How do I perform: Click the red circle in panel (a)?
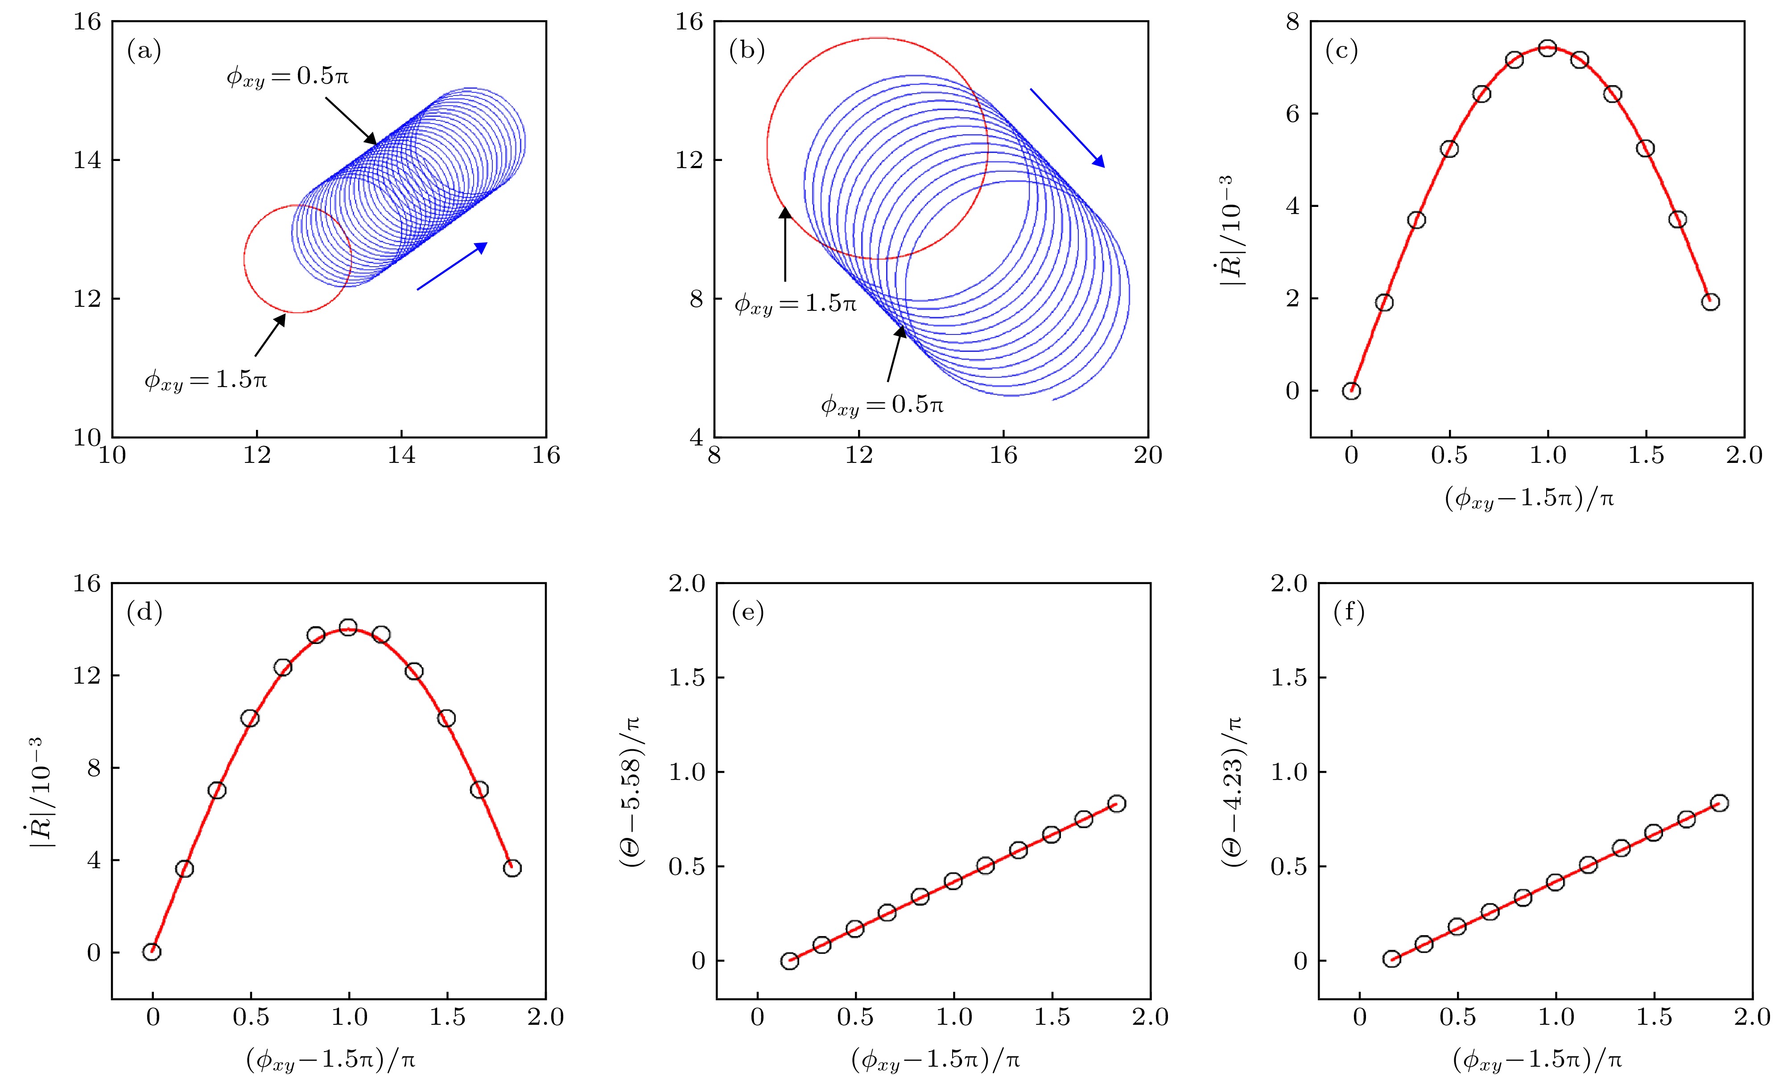[245, 260]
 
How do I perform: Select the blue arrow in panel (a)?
[451, 266]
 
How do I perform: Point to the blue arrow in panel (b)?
[1067, 128]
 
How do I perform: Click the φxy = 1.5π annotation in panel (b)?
[795, 304]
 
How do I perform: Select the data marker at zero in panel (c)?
[1351, 391]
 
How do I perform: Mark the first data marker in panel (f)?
[1391, 959]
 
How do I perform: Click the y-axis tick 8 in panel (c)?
[1292, 23]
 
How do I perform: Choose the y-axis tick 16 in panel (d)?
[87, 584]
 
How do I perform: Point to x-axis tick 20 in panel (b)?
[1148, 456]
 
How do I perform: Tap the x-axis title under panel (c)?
[1529, 499]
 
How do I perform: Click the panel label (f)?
[1349, 613]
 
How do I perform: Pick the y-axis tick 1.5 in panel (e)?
[687, 678]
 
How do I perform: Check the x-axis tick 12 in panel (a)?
[256, 456]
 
